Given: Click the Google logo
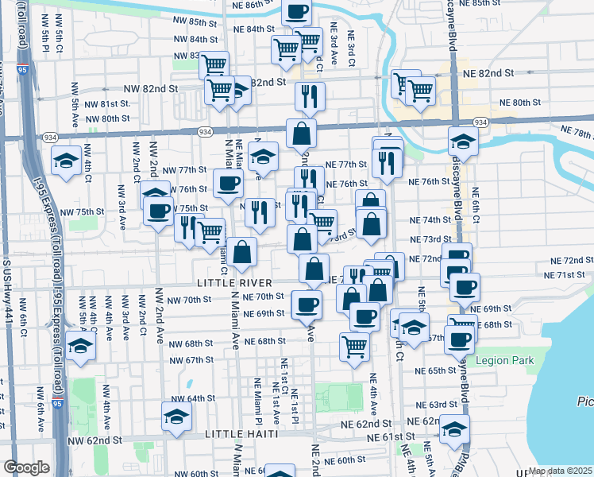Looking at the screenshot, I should tap(27, 467).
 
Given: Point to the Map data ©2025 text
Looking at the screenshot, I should tap(561, 471).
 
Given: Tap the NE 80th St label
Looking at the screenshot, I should tap(519, 103).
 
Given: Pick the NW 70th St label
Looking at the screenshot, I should tap(194, 300).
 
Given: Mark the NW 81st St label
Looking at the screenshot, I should tap(107, 104).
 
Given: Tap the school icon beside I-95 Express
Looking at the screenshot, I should tap(80, 346).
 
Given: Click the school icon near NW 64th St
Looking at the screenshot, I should tap(176, 415).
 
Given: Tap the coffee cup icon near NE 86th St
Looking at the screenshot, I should tap(297, 12).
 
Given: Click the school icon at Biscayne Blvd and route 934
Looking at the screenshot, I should tap(463, 142).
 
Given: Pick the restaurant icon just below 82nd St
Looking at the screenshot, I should tap(310, 96).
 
